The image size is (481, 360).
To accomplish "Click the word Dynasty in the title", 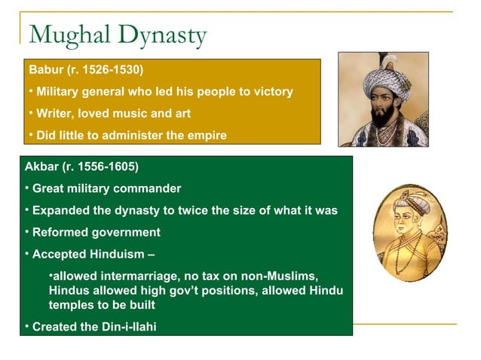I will click(x=161, y=35).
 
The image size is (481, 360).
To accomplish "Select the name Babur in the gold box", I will click(x=44, y=70).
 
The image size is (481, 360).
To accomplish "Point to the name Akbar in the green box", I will click(x=41, y=166).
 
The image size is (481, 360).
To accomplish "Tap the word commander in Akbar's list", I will click(x=149, y=188).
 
